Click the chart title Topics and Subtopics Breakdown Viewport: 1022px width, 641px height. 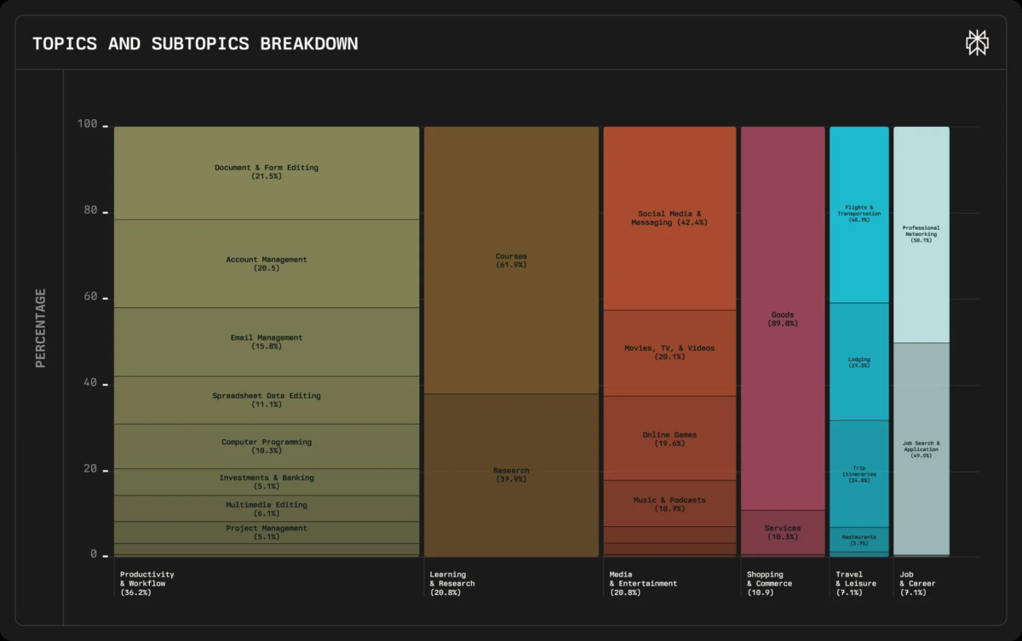point(195,43)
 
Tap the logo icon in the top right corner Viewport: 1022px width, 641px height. point(976,43)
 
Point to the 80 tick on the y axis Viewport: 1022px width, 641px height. point(88,211)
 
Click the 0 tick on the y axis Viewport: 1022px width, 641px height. point(93,554)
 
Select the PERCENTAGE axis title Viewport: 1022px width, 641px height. point(40,328)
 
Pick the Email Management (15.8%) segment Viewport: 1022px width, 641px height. point(267,341)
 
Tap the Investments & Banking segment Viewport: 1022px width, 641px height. point(267,482)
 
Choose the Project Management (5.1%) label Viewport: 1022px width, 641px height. point(267,532)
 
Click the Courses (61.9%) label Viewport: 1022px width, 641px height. point(511,260)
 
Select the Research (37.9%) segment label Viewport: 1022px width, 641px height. point(511,474)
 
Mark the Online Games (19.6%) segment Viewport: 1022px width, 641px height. point(669,438)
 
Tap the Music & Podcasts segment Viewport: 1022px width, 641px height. point(669,504)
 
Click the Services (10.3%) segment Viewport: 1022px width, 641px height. point(783,532)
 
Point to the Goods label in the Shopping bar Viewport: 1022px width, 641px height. point(783,318)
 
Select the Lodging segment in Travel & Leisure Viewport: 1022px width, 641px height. point(859,362)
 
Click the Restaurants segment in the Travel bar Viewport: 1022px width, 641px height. point(859,540)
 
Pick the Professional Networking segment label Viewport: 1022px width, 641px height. point(921,234)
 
